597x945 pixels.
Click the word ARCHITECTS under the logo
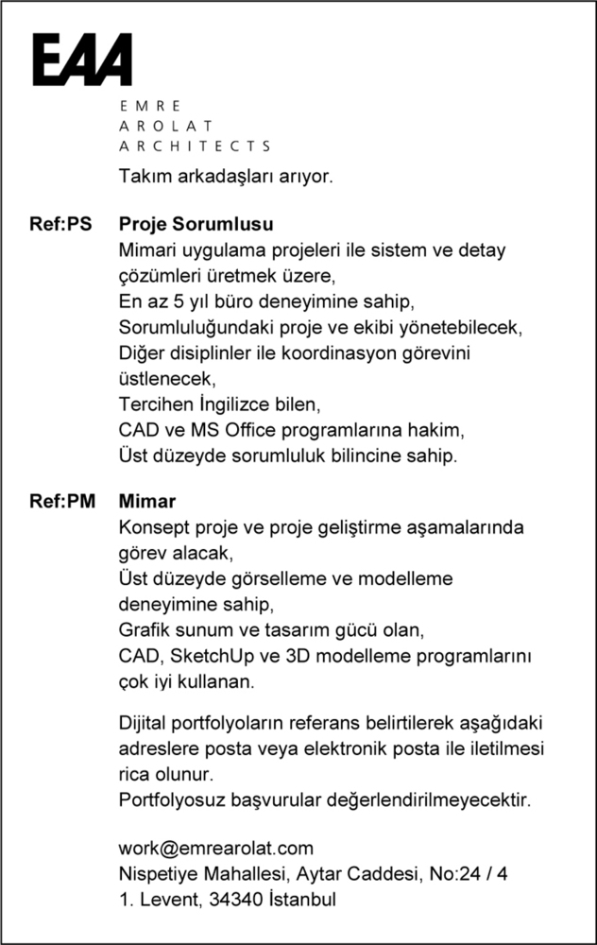[195, 146]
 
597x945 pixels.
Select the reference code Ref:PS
[61, 226]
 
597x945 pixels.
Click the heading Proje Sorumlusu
[196, 226]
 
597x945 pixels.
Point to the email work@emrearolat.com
[215, 849]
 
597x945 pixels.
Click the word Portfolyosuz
[167, 800]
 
